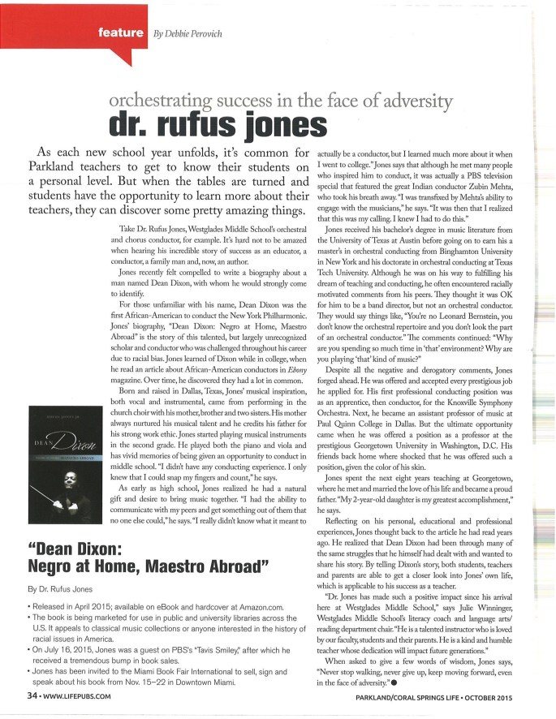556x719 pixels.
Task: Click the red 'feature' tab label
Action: (121, 33)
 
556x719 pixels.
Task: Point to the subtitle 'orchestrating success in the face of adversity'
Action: (279, 101)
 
